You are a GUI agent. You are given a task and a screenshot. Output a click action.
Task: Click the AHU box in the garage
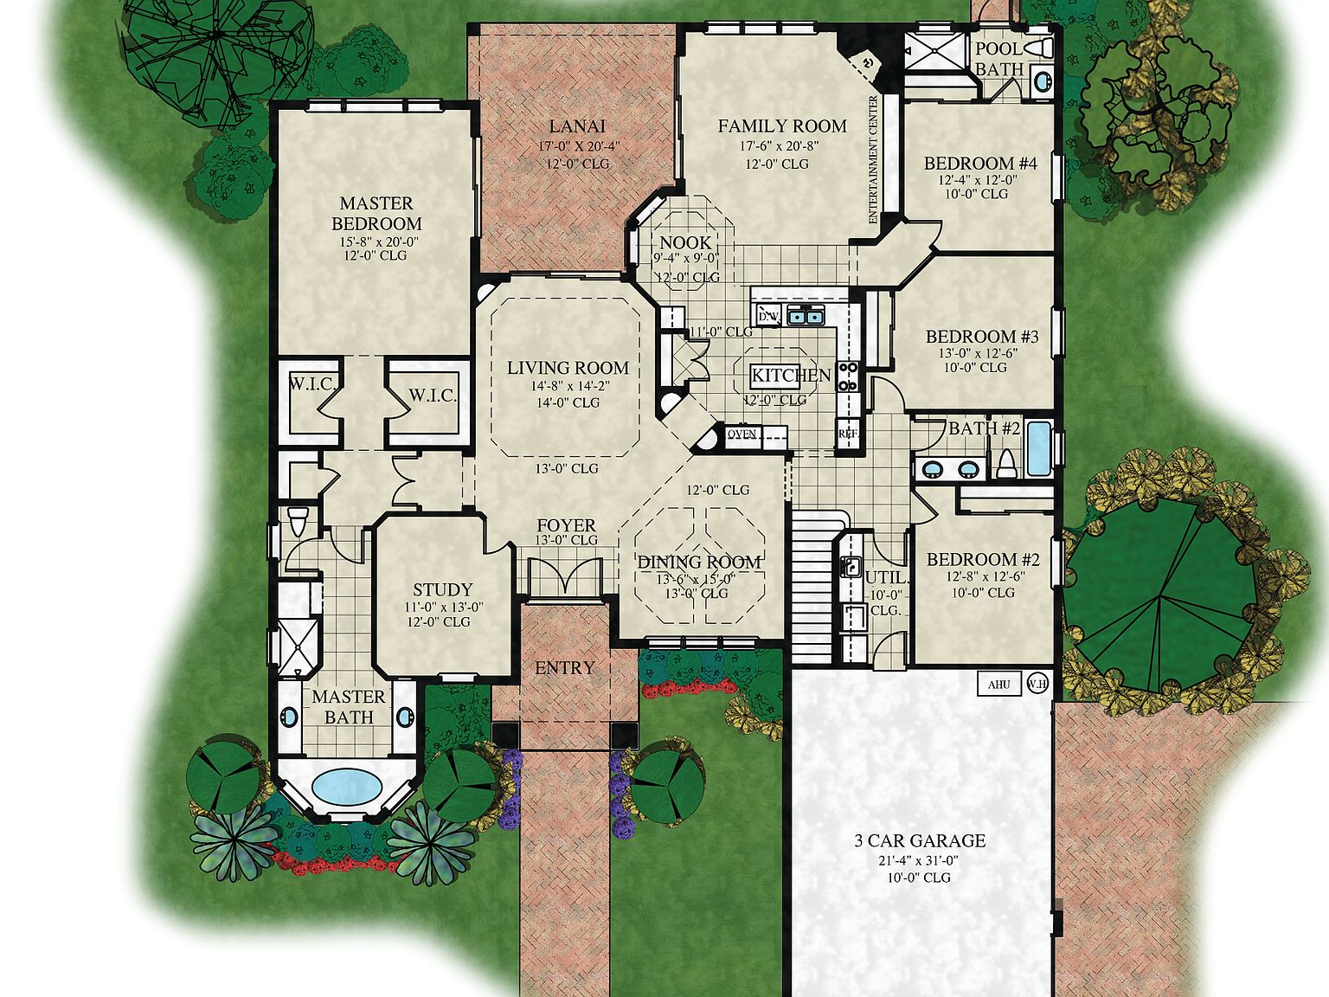point(998,685)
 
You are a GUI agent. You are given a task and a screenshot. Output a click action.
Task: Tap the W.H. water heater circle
point(1037,685)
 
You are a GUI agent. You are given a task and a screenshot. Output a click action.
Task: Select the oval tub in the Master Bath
point(346,786)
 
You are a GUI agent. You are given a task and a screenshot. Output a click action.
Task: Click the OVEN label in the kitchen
point(742,434)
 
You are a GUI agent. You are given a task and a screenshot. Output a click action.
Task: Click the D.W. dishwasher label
point(768,317)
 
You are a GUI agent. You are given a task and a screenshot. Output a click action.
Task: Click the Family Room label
point(781,126)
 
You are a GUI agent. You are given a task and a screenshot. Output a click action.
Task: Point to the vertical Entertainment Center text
point(873,160)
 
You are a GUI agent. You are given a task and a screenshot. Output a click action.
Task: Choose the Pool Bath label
point(999,59)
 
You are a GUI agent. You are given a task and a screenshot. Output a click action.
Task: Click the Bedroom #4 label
point(980,163)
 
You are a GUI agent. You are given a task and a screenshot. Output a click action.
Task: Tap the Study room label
point(442,590)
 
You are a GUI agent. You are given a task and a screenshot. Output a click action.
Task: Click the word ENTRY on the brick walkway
point(565,668)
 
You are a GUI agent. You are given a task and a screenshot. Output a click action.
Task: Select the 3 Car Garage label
point(920,840)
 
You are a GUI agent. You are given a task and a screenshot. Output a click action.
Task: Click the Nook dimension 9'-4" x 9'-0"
point(686,258)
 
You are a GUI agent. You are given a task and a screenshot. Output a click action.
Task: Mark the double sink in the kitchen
point(805,317)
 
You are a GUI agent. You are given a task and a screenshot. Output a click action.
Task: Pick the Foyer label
point(566,525)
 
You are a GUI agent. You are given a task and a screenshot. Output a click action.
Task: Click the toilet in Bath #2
point(1005,464)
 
